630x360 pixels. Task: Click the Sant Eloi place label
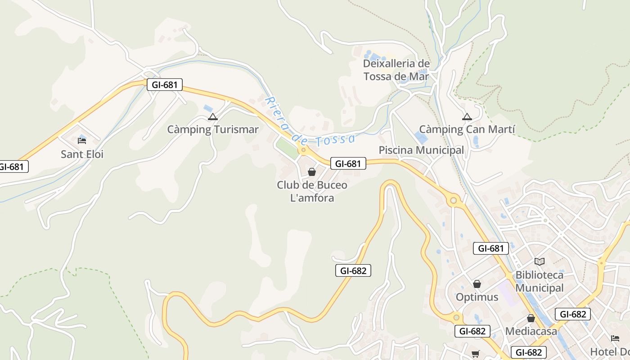click(x=82, y=154)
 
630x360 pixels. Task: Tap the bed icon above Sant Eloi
click(x=81, y=140)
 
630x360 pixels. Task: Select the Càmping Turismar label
click(x=213, y=130)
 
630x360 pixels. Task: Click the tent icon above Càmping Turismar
click(x=212, y=117)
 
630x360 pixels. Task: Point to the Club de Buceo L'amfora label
click(x=312, y=191)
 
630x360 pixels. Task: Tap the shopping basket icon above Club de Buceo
click(x=311, y=172)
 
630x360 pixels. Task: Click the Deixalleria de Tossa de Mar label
click(x=396, y=70)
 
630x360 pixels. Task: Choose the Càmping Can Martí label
click(x=467, y=130)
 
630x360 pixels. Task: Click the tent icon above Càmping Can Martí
click(x=467, y=117)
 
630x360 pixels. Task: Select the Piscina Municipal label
click(x=421, y=150)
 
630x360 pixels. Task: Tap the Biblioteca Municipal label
click(x=539, y=281)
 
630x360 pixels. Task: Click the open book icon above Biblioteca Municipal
click(x=539, y=261)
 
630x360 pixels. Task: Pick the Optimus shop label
click(x=477, y=297)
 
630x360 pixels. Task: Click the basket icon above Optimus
click(x=477, y=284)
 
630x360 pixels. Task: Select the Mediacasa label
click(x=531, y=331)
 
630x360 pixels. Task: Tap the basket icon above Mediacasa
click(x=531, y=318)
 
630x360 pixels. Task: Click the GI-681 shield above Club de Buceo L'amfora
click(x=348, y=164)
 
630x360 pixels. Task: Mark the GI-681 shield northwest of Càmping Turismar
click(x=164, y=85)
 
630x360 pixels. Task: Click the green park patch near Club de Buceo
click(x=287, y=148)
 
